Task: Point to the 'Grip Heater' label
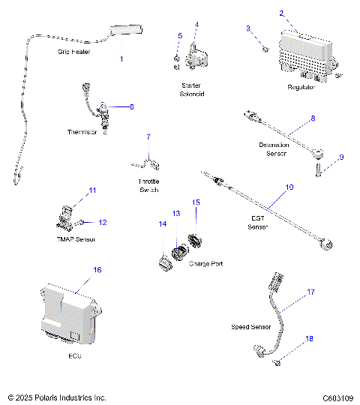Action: coord(74,52)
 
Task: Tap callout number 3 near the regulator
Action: coord(248,28)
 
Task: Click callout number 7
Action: coord(148,136)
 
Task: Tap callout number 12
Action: coord(103,222)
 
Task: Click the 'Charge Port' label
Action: coord(206,263)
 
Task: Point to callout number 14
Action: coord(162,223)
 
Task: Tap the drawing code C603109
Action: coord(338,397)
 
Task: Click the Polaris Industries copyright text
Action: coord(57,397)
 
